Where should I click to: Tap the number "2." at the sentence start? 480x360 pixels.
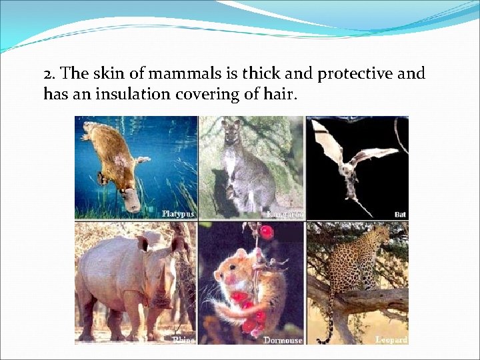pos(51,73)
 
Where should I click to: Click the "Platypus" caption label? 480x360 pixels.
pos(178,214)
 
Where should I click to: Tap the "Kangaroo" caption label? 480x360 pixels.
pos(285,214)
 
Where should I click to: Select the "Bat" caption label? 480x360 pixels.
pos(400,214)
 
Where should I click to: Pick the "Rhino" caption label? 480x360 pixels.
pos(183,340)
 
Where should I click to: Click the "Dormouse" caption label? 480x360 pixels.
pos(283,340)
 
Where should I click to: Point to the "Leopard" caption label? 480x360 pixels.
pos(391,340)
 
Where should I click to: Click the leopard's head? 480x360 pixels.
pos(380,235)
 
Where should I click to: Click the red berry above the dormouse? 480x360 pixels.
pos(267,233)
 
